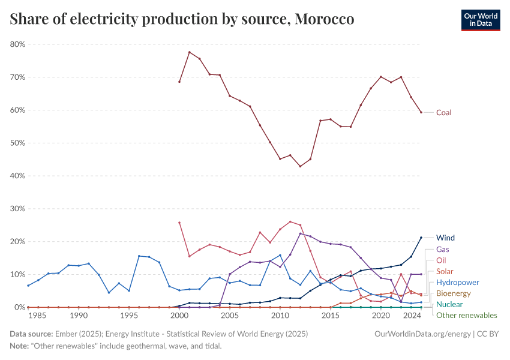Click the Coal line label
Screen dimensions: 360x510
(x=443, y=112)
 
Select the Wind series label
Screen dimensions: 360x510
(x=445, y=238)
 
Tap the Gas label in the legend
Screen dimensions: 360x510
(x=443, y=249)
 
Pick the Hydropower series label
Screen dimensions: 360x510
(x=457, y=282)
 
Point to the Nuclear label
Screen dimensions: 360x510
(x=449, y=304)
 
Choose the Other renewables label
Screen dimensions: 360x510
(x=466, y=315)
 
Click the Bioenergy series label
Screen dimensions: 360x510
(x=454, y=293)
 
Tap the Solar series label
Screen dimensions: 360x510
(x=445, y=271)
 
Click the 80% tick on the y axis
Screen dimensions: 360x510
(x=16, y=44)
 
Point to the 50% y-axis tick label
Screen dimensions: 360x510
(x=16, y=143)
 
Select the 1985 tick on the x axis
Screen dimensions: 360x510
(x=38, y=315)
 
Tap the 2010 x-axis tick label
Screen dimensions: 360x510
(x=280, y=315)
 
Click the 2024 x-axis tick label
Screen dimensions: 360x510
(x=411, y=315)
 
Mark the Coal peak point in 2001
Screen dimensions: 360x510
(x=190, y=52)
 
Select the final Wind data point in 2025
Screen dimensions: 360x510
(x=421, y=238)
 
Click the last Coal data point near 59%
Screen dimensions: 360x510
(x=421, y=112)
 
